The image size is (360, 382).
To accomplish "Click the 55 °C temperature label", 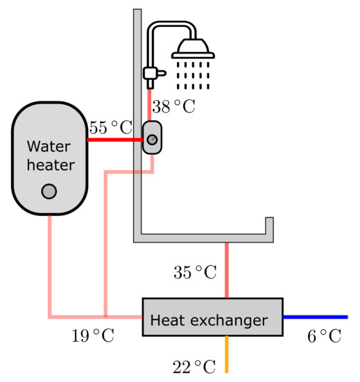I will point(110,128).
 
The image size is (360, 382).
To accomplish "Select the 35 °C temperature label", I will point(195,272).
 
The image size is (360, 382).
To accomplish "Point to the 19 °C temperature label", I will point(92,337).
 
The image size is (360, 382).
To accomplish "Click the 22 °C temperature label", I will point(194,366).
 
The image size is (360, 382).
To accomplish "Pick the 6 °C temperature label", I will point(324,337).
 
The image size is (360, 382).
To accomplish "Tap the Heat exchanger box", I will point(212,318).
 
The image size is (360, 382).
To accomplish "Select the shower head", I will point(192,49).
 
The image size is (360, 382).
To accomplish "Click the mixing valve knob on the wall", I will point(152,140).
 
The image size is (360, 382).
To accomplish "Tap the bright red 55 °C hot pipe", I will point(114,140).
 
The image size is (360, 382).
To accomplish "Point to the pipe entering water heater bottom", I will point(49,264).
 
